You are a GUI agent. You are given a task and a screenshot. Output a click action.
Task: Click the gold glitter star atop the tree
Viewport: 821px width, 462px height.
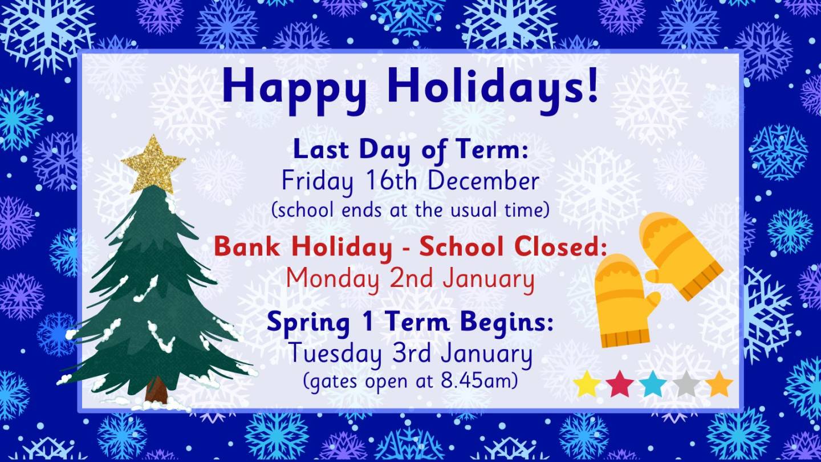pos(153,165)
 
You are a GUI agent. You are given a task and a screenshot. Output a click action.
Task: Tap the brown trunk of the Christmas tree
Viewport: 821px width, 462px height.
pos(156,390)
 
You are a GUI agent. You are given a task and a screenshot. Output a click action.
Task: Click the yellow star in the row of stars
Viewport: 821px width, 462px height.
pos(587,384)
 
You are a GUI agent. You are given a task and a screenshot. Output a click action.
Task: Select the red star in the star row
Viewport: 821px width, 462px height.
pos(619,384)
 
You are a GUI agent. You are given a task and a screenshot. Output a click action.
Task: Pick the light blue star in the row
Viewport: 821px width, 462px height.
pos(653,384)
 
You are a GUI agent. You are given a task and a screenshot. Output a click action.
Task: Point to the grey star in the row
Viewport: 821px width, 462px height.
pos(686,384)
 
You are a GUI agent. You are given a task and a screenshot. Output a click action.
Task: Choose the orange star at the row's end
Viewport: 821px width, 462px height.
pos(719,384)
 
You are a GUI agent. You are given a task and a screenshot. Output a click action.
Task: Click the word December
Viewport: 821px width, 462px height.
pos(483,181)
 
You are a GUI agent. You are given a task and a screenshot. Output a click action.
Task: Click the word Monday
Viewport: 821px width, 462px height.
pos(332,279)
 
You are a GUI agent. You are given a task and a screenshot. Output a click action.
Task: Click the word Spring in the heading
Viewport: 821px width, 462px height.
pos(308,323)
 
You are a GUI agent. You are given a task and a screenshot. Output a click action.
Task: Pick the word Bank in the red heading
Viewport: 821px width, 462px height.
pos(247,246)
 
